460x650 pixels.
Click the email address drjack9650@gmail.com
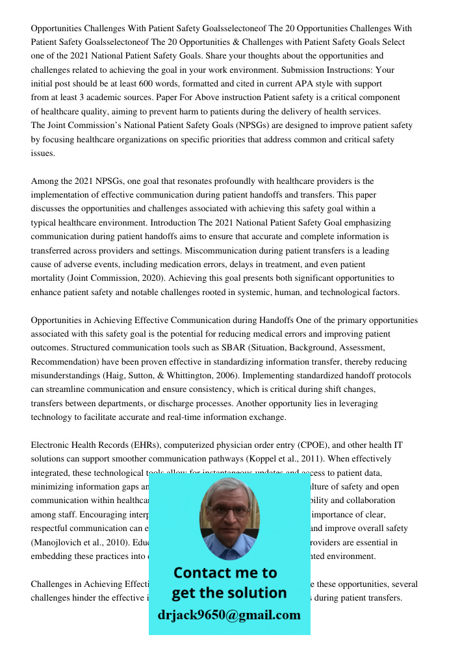coord(229,615)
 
